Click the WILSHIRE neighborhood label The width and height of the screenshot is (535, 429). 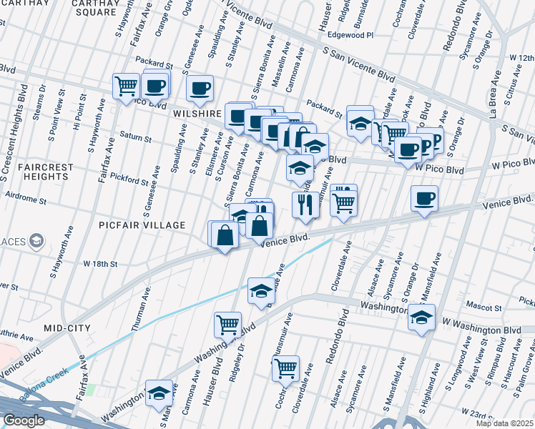197,114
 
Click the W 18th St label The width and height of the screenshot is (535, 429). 99,264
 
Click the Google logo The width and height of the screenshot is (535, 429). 24,420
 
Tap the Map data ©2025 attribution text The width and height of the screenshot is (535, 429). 504,423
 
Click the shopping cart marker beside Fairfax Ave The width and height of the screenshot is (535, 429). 127,87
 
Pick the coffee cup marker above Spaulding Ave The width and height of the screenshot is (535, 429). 200,88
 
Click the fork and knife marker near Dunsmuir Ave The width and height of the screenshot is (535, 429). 305,204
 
